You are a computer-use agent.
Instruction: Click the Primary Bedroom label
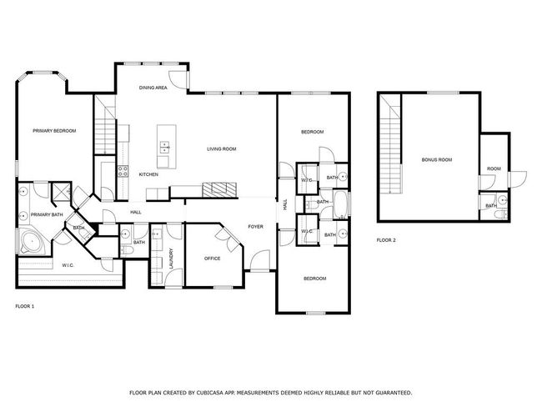[54, 131]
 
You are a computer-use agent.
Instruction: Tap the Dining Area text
[153, 88]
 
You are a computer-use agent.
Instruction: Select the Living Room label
[222, 149]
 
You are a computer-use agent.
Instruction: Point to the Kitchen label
[148, 174]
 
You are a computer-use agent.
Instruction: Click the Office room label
[213, 259]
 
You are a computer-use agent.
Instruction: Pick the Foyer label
[256, 227]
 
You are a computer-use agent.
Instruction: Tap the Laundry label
[171, 259]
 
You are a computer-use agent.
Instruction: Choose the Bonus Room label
[437, 160]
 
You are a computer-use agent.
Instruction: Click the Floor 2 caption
[386, 240]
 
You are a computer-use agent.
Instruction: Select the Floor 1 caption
[25, 306]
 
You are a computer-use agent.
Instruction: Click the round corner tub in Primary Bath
[33, 241]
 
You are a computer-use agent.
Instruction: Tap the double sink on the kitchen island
[164, 147]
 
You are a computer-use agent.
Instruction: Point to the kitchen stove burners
[123, 171]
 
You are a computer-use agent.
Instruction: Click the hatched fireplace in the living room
[219, 189]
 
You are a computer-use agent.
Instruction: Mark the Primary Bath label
[47, 214]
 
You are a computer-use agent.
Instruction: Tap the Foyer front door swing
[259, 260]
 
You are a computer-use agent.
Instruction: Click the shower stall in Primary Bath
[61, 191]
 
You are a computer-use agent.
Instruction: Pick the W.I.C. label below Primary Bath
[68, 265]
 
